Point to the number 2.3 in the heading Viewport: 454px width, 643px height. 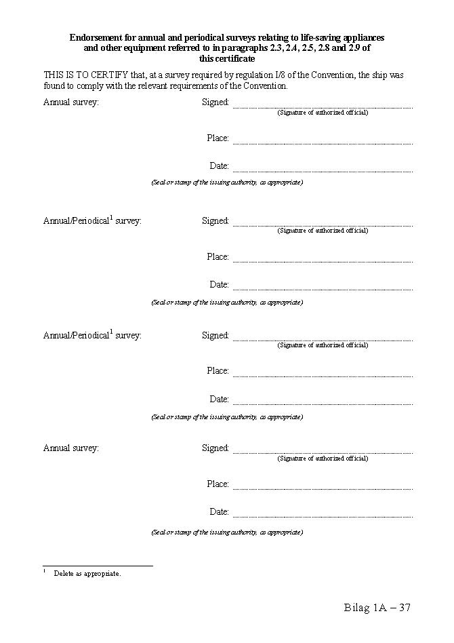259,48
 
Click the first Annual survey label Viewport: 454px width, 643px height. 71,102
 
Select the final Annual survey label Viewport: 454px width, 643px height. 71,448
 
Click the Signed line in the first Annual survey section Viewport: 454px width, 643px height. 323,107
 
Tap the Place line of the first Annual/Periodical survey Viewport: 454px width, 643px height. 323,261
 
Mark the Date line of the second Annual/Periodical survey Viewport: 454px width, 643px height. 323,404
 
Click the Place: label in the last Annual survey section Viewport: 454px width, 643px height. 218,484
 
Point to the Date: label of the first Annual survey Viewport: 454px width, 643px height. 220,166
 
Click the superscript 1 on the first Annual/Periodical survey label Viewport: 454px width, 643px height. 111,218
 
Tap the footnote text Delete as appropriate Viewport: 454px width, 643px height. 87,574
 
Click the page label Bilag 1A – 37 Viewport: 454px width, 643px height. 377,608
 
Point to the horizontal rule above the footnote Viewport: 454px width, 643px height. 98,565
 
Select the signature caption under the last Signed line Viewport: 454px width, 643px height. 323,459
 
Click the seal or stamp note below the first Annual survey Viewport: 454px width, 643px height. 227,182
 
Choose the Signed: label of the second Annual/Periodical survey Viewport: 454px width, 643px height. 215,336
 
